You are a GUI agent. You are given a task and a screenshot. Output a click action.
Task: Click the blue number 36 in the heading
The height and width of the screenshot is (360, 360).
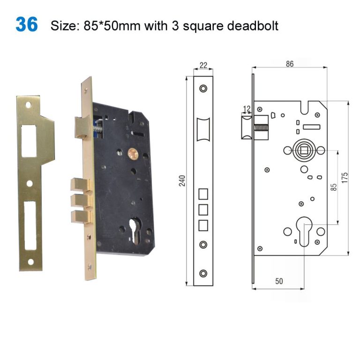click(x=27, y=24)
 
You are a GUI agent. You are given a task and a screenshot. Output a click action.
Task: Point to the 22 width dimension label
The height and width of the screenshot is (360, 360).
click(x=203, y=66)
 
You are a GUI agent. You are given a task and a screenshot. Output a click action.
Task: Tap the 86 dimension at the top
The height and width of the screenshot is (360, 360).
click(x=289, y=64)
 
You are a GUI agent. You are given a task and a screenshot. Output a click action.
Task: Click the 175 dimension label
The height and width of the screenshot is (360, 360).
click(x=345, y=178)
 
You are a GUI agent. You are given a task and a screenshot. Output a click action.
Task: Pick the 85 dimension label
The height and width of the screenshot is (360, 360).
click(x=334, y=187)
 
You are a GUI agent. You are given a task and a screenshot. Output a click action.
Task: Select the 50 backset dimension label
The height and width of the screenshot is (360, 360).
click(x=279, y=281)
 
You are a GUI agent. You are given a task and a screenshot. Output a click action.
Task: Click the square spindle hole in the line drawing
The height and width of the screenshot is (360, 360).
click(x=302, y=150)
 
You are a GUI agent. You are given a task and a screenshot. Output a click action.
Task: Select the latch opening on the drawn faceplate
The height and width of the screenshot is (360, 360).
click(x=203, y=129)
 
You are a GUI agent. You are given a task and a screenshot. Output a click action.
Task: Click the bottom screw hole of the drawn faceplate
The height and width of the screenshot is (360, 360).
click(x=203, y=273)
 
